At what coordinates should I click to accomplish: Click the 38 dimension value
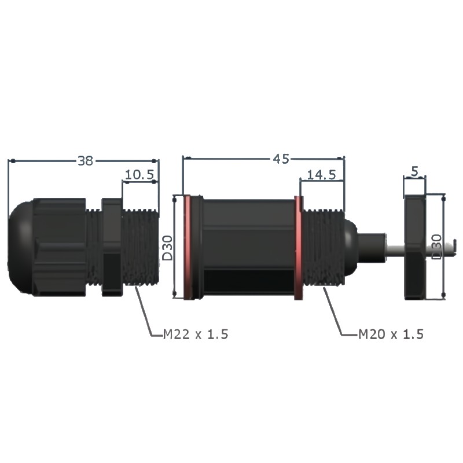click(85, 161)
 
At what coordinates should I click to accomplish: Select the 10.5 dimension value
click(139, 175)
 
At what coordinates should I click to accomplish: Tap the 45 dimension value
click(281, 159)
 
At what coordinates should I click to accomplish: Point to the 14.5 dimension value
click(322, 175)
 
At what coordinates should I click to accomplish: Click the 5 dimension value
click(415, 171)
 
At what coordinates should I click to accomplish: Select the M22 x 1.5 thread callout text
click(196, 335)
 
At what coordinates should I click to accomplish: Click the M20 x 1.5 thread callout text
click(391, 335)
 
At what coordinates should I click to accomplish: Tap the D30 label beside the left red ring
click(167, 248)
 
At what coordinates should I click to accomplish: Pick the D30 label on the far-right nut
click(436, 247)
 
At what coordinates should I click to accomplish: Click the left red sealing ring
click(187, 248)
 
